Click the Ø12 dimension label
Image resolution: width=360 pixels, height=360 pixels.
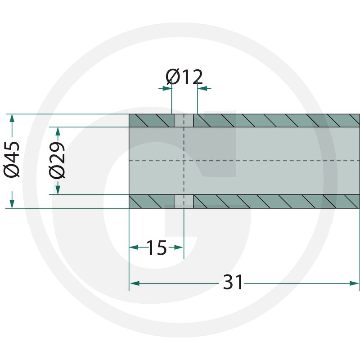pyautogui.click(x=184, y=76)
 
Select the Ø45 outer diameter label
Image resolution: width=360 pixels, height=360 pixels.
pyautogui.click(x=12, y=159)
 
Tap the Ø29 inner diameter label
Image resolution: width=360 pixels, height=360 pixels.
pyautogui.click(x=57, y=160)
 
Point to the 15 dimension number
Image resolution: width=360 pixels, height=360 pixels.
pyautogui.click(x=156, y=247)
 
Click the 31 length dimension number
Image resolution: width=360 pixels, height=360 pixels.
pyautogui.click(x=233, y=282)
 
